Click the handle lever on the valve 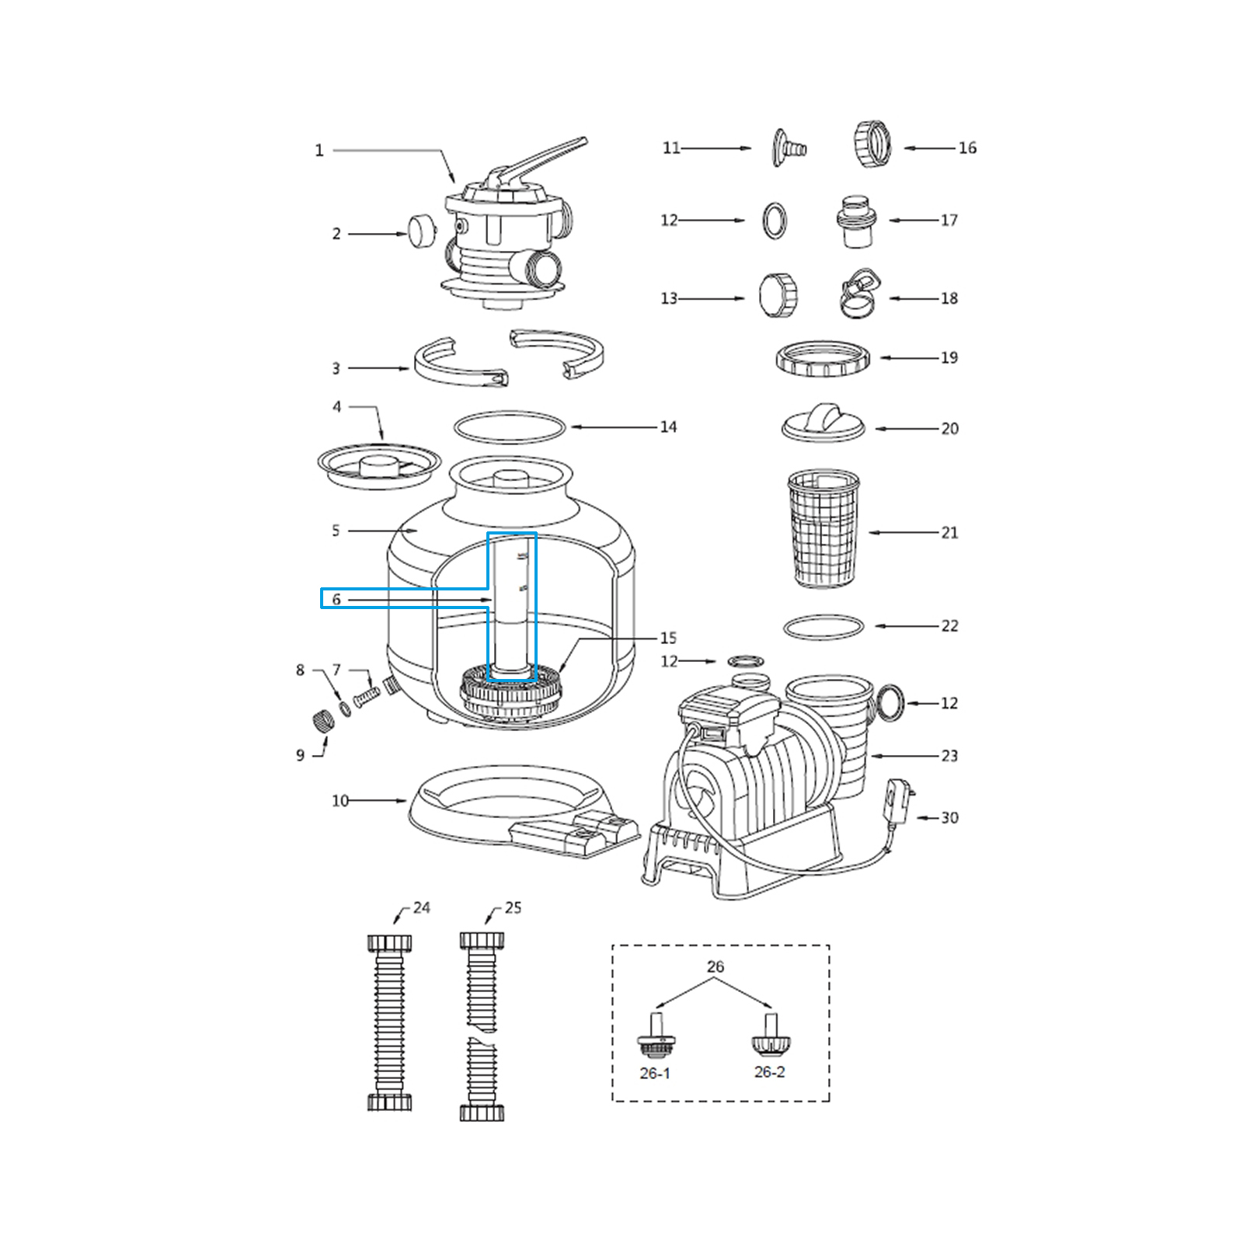coord(544,160)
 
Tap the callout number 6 coord(336,600)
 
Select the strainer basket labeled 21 coord(823,527)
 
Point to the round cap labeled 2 coord(422,232)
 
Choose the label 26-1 coord(654,1073)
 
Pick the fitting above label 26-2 coord(768,1035)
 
